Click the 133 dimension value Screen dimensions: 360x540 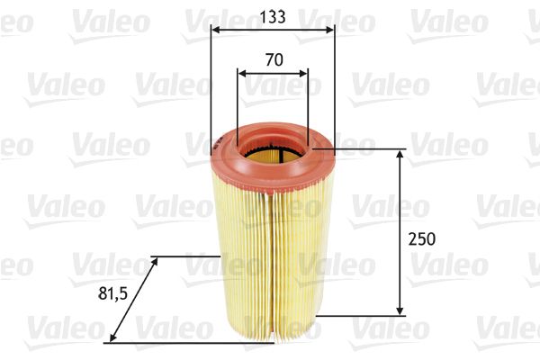point(272,14)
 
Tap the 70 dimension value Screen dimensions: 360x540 point(274,60)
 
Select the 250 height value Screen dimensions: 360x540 point(421,238)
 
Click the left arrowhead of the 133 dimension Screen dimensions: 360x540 point(216,30)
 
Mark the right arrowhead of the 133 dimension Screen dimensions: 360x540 point(329,30)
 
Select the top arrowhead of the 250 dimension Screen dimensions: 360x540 point(400,156)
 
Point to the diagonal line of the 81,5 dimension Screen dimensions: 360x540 point(133,300)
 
